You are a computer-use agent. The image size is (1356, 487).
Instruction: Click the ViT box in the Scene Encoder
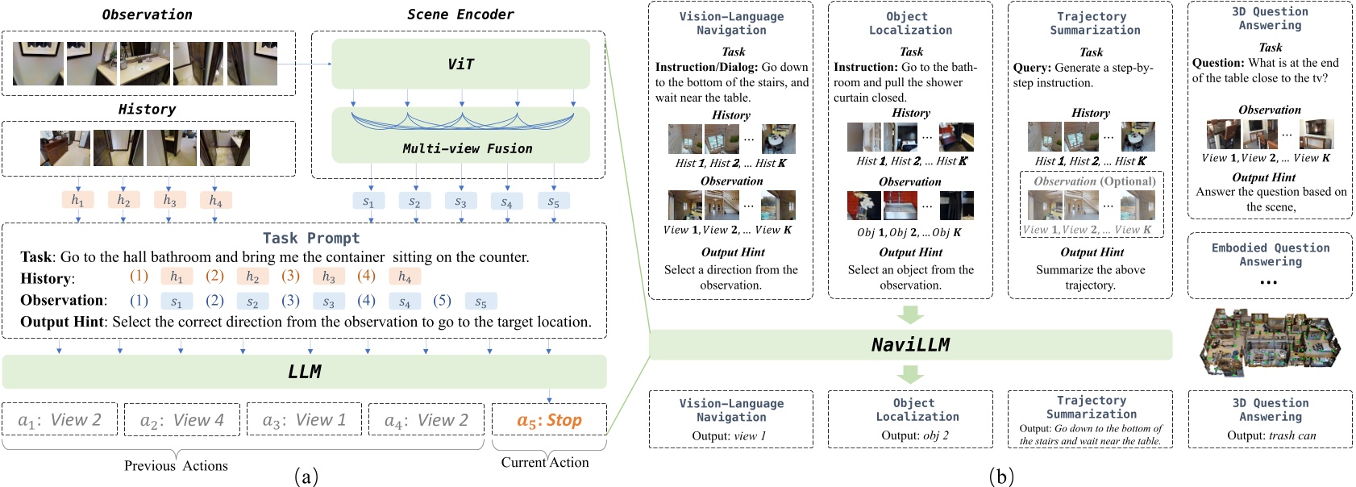click(460, 64)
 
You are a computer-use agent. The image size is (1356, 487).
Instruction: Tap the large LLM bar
click(304, 372)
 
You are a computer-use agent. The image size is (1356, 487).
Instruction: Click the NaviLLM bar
click(910, 344)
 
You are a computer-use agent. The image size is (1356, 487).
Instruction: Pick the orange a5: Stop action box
click(548, 420)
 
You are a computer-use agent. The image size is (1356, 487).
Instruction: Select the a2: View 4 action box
click(181, 420)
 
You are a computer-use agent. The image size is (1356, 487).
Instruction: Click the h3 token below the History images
click(169, 200)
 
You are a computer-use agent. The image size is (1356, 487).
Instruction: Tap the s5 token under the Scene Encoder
click(553, 202)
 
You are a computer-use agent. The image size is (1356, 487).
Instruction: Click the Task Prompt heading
click(311, 238)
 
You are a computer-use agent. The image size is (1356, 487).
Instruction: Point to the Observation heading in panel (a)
click(147, 15)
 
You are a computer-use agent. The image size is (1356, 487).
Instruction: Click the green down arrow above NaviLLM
click(910, 314)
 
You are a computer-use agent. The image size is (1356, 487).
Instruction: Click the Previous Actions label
click(176, 465)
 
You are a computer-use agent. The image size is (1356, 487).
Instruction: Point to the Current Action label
click(545, 462)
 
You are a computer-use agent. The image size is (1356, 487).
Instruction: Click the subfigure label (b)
click(1000, 476)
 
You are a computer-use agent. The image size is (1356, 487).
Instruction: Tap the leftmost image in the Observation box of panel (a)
click(38, 64)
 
